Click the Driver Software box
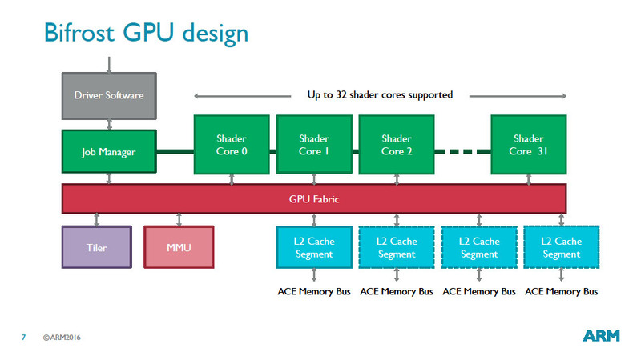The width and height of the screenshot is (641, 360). coord(108,95)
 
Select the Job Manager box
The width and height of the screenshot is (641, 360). coord(108,152)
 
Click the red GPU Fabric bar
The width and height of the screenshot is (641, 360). coord(314,198)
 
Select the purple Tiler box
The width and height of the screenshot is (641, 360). coord(96,246)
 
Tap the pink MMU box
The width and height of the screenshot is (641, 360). coord(179,246)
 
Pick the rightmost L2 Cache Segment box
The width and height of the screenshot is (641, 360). coord(561,247)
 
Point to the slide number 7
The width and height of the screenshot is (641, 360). coord(23,337)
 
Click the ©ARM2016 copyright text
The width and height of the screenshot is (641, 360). coord(62,337)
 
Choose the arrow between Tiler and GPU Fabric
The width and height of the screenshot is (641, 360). coord(96,218)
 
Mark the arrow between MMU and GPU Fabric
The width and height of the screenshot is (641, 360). coord(179,218)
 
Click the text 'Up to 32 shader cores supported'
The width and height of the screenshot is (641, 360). coord(380,95)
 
